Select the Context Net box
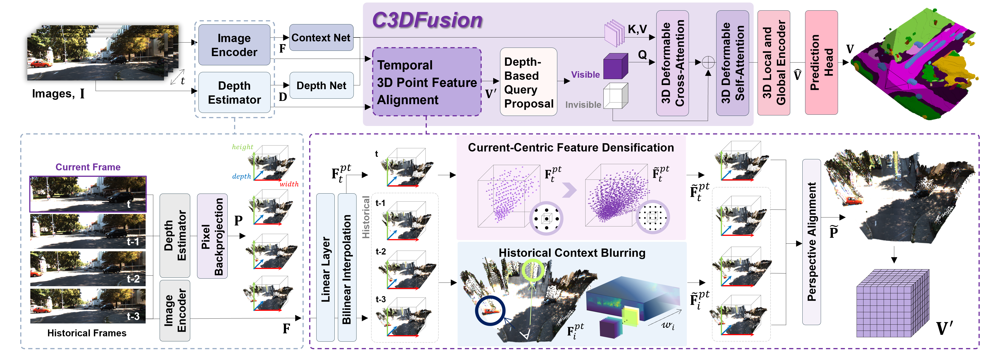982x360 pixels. (321, 38)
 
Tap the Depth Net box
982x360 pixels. (321, 86)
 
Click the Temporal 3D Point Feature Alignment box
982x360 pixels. (426, 82)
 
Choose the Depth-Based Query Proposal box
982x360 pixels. (528, 82)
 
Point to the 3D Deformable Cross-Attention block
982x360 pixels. (672, 63)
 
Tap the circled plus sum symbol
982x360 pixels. (708, 62)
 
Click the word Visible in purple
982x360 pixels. (585, 75)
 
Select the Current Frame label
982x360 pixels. (88, 167)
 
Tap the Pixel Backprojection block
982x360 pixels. (212, 236)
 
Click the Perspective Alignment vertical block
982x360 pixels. (811, 242)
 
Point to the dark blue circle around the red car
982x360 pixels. (490, 310)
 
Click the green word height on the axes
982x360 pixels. (242, 147)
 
